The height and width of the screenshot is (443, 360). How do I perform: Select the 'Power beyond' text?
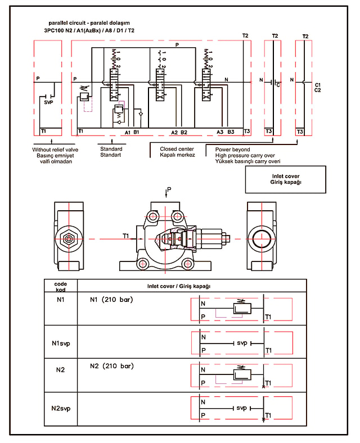point(232,149)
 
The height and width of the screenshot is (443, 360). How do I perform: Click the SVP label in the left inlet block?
point(48,102)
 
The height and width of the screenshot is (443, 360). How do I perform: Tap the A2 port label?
point(174,132)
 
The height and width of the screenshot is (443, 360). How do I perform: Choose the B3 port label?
point(231,132)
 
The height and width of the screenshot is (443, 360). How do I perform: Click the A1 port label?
point(128,132)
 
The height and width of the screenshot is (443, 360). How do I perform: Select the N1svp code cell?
point(61,343)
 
